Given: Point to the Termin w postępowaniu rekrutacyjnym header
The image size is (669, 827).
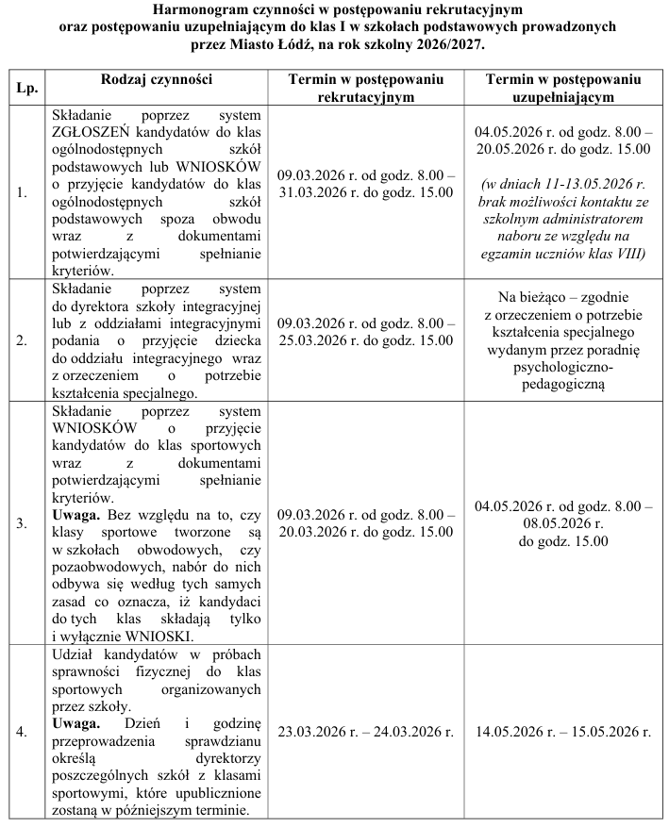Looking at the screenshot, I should pyautogui.click(x=366, y=88).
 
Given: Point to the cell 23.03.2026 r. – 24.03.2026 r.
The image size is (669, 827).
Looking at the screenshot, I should pyautogui.click(x=366, y=732).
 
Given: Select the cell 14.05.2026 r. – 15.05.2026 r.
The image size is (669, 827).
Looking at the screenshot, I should pyautogui.click(x=563, y=732).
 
